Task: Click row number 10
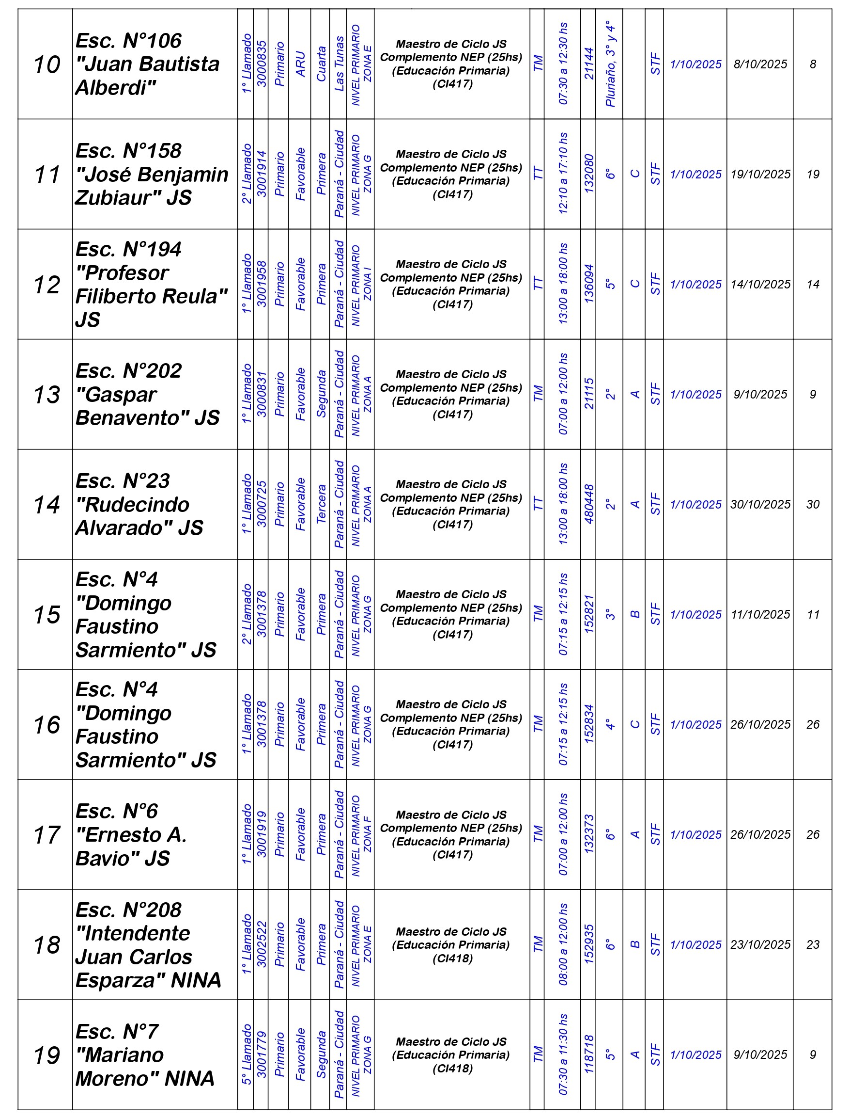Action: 46,65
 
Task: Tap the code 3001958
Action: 262,284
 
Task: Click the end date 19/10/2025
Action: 760,174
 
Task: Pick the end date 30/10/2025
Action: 760,504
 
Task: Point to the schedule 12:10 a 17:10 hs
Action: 563,174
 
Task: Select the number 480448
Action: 589,504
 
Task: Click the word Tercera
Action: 321,504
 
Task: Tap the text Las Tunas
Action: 339,64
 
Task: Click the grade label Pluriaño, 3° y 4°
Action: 610,64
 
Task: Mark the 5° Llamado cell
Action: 247,1054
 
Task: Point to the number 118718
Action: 589,1054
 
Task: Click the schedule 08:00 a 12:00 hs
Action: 563,945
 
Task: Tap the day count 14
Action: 813,284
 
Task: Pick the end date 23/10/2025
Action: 760,945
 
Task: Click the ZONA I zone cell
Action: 362,285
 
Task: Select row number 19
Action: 46,1055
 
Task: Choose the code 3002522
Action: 262,945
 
